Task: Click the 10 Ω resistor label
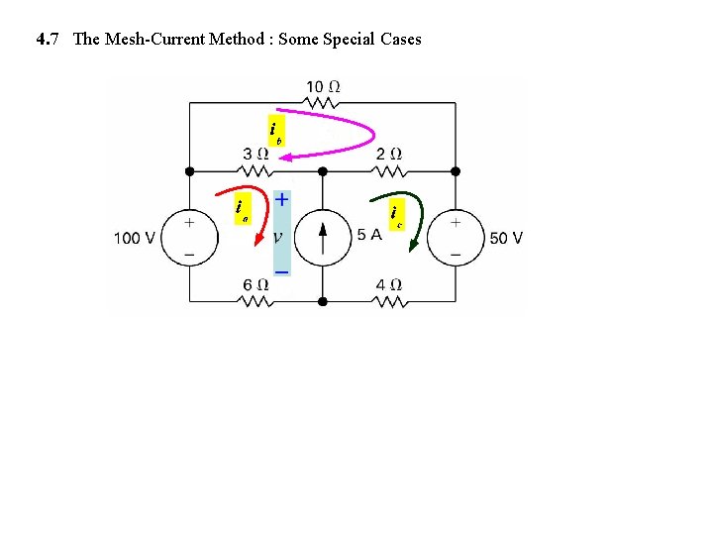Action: (x=324, y=86)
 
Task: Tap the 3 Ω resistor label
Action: (x=255, y=154)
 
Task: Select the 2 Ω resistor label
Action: (x=389, y=154)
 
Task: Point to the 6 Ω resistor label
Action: (x=255, y=284)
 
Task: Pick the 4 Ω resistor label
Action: (x=389, y=284)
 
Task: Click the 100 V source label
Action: (x=135, y=238)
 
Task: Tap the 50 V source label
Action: (x=505, y=238)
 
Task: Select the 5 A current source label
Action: (x=369, y=235)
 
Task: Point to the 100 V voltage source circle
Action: (x=189, y=238)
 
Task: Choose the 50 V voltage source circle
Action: (x=456, y=238)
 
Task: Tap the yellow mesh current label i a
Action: (x=241, y=208)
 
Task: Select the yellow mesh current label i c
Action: (x=396, y=213)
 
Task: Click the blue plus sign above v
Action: (x=282, y=199)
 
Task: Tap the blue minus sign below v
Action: (x=282, y=270)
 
